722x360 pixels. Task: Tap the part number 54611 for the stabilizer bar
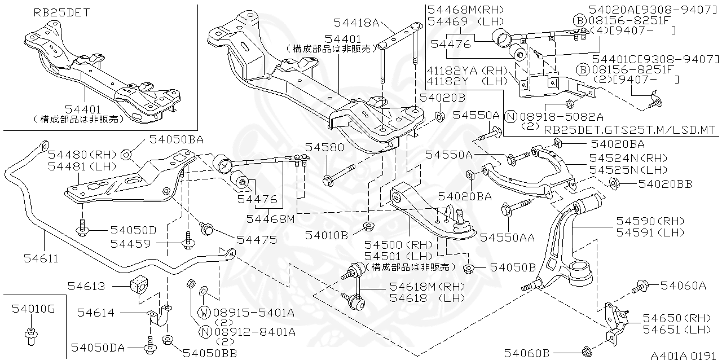pyautogui.click(x=41, y=258)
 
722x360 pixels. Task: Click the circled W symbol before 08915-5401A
pyautogui.click(x=204, y=311)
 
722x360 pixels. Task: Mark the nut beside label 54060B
pyautogui.click(x=585, y=351)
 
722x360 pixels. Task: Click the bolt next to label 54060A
pyautogui.click(x=640, y=287)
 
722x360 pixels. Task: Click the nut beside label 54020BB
pyautogui.click(x=615, y=183)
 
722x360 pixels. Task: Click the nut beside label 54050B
pyautogui.click(x=468, y=267)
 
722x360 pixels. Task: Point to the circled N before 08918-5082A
pyautogui.click(x=510, y=117)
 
